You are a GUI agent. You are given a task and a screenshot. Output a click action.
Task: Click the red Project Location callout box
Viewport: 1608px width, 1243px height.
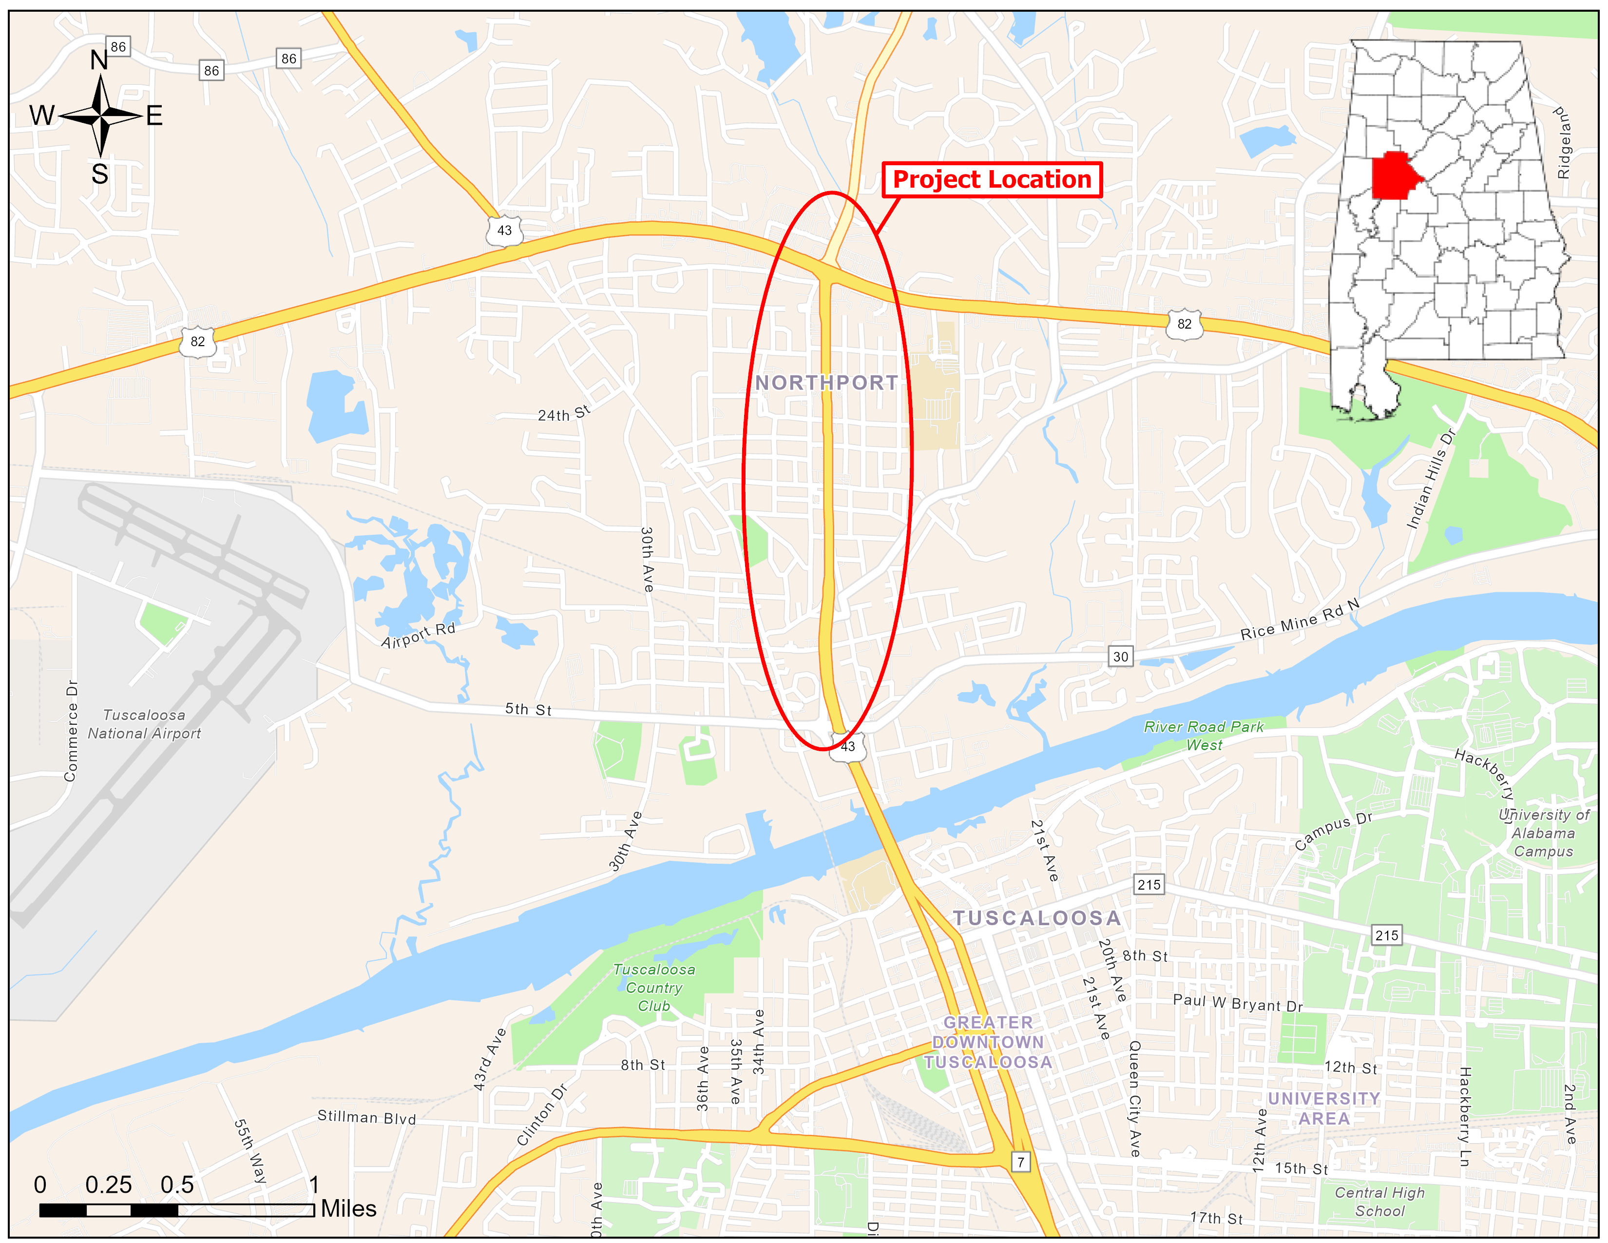coord(992,180)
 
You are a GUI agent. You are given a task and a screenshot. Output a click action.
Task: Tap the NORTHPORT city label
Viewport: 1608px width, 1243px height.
coord(826,383)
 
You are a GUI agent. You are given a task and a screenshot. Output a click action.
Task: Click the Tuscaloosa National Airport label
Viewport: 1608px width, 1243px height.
coord(144,724)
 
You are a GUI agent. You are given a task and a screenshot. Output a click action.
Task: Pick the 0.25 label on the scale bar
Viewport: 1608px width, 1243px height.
coord(108,1184)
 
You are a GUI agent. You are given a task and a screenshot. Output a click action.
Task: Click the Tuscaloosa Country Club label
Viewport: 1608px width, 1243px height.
coord(654,988)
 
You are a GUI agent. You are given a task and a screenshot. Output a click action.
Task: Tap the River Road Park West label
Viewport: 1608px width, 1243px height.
coord(1203,736)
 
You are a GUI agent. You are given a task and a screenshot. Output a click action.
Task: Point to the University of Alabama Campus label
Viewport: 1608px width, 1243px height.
coord(1543,833)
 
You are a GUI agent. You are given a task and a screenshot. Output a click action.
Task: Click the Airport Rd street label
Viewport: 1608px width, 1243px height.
coord(418,635)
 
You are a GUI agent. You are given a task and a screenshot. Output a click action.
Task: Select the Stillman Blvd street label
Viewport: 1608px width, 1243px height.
coord(366,1117)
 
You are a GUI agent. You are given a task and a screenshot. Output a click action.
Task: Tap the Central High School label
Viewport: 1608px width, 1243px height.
coord(1380,1201)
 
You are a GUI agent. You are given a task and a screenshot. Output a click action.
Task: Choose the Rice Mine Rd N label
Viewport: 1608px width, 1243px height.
coord(1300,619)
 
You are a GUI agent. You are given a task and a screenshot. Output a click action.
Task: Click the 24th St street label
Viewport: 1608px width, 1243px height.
coord(564,413)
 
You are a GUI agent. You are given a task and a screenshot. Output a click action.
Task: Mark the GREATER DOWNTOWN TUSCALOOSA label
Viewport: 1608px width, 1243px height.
coord(988,1042)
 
